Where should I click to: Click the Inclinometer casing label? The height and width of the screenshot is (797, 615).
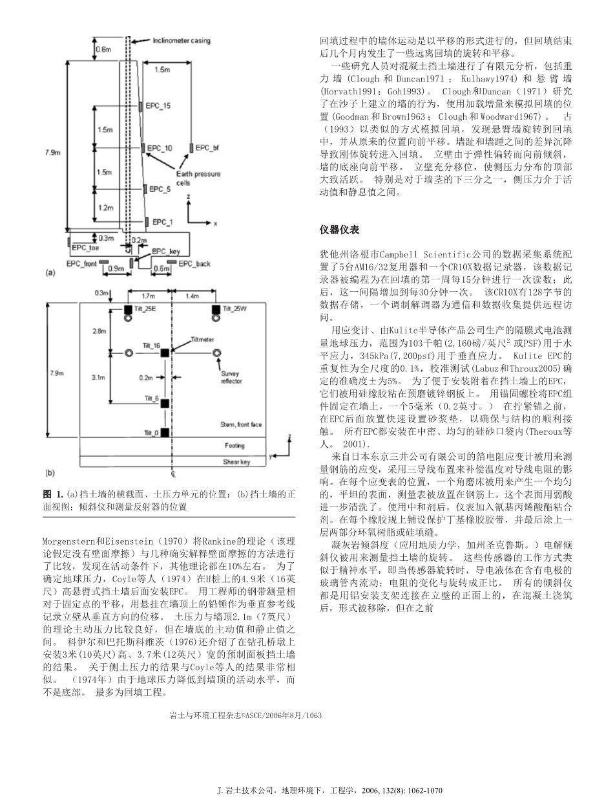click(182, 41)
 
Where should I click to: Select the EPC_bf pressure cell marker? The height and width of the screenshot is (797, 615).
click(192, 148)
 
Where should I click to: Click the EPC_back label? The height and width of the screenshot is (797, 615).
click(194, 263)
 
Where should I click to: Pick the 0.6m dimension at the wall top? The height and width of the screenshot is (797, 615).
click(103, 49)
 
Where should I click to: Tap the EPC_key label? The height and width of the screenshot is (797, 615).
click(166, 251)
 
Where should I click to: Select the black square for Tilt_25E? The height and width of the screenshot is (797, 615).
click(129, 309)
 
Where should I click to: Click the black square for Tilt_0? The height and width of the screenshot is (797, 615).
click(165, 432)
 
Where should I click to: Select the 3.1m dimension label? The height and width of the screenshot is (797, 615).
click(98, 376)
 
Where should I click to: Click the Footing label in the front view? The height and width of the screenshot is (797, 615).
click(235, 446)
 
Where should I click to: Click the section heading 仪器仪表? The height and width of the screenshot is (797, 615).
click(339, 230)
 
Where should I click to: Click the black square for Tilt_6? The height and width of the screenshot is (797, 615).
click(165, 404)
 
